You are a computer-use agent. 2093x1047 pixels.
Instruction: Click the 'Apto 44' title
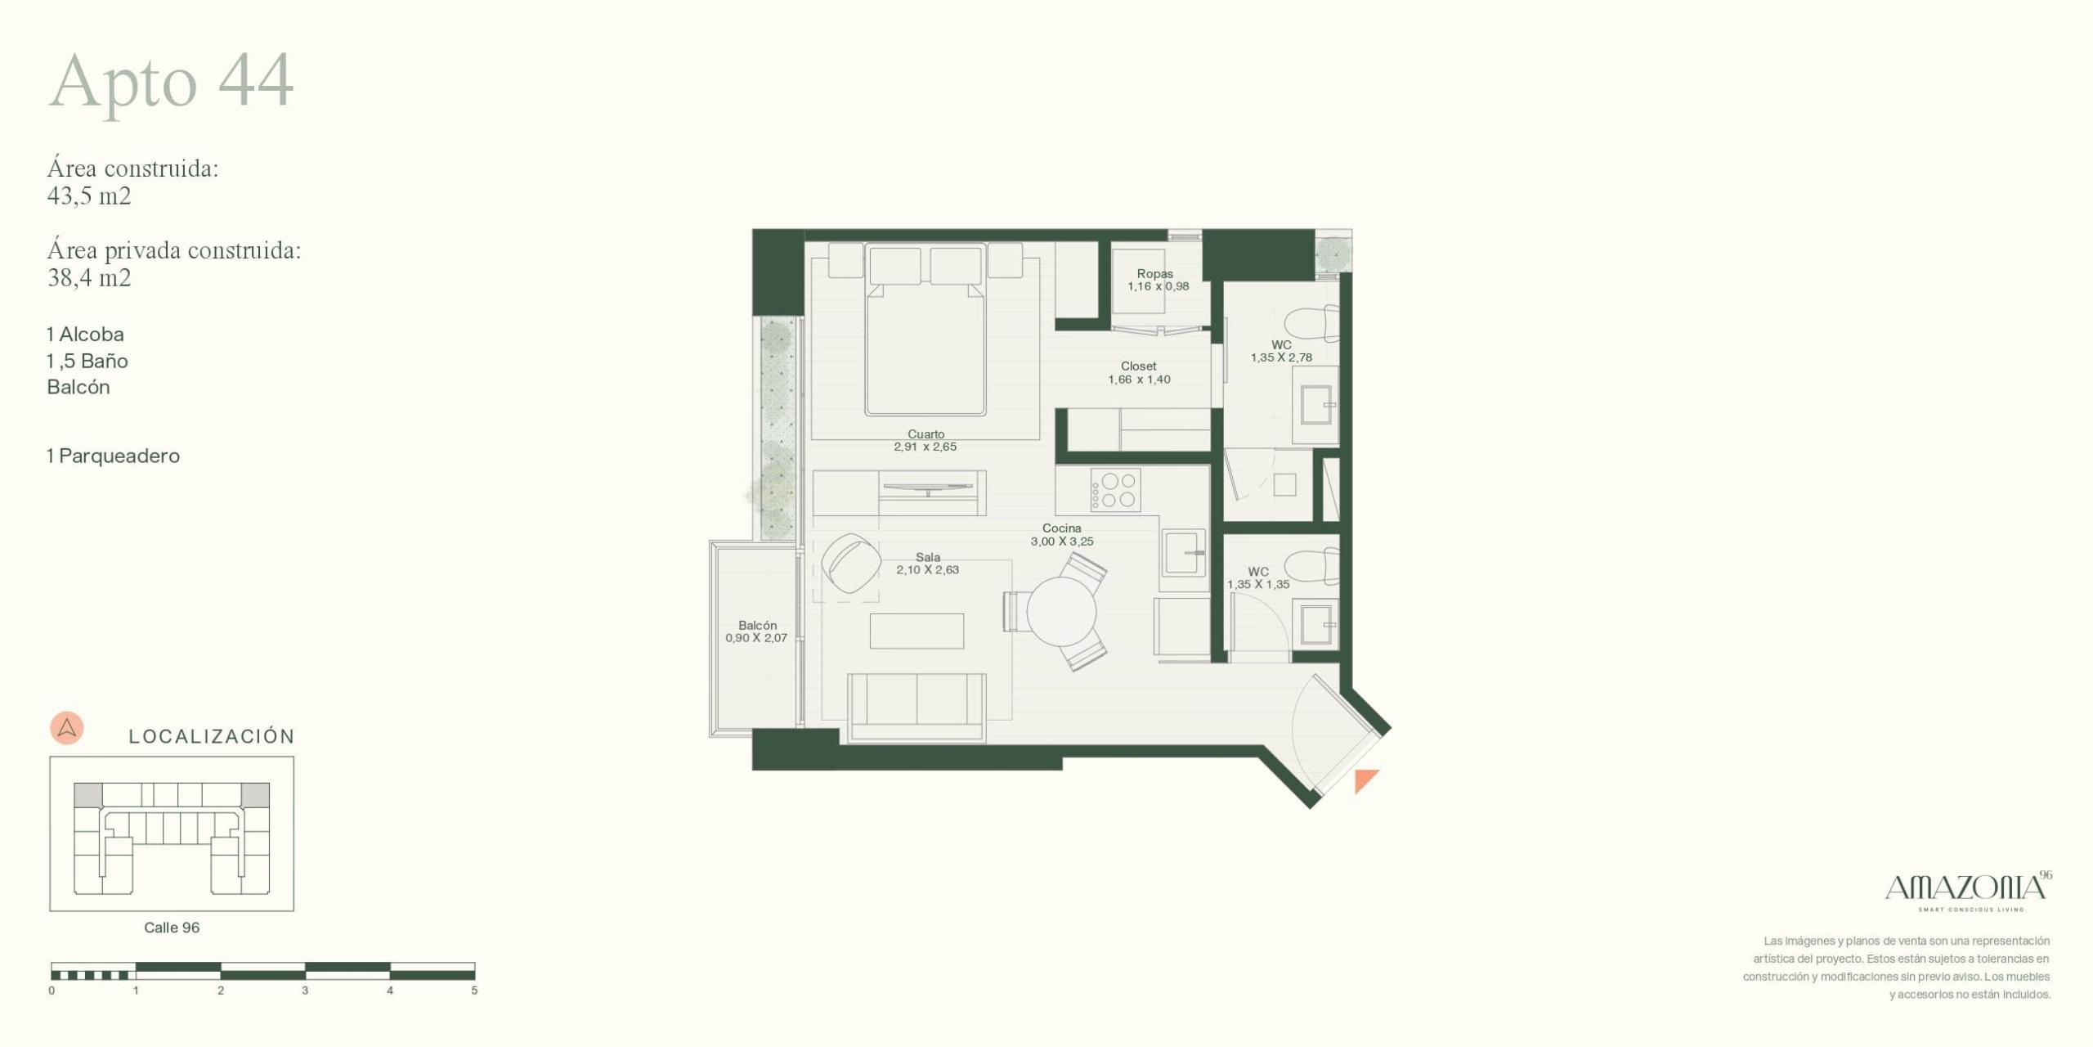[171, 83]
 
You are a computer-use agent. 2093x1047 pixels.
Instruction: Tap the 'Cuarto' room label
[925, 434]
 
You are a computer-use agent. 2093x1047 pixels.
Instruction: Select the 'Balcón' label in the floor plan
[757, 626]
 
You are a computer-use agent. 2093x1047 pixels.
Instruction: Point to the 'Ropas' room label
[1154, 274]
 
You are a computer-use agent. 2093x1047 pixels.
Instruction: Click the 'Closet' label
[1139, 366]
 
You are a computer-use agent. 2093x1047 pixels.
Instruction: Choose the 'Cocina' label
[1061, 528]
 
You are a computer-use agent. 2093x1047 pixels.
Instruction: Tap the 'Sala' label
[928, 557]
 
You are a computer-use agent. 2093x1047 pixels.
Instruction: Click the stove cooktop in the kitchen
[1115, 490]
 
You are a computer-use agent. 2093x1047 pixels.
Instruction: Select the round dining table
[1061, 612]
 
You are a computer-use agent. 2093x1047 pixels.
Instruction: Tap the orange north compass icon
[67, 727]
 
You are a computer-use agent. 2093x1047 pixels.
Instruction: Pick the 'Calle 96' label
[172, 928]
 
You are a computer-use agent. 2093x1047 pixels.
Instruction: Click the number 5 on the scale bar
[474, 991]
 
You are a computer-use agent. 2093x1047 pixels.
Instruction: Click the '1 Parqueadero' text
[113, 456]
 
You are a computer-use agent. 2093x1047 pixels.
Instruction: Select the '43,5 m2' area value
[89, 196]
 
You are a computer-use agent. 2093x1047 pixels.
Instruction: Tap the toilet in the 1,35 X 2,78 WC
[1311, 324]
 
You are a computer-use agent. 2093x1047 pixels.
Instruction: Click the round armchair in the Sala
[851, 564]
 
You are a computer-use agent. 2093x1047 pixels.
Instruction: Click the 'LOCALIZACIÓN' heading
[212, 736]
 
